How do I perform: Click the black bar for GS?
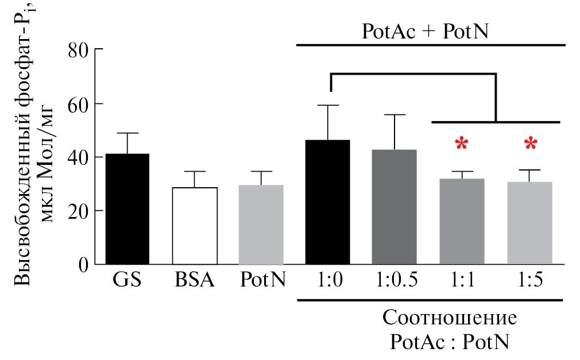click(127, 209)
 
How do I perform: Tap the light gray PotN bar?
click(261, 224)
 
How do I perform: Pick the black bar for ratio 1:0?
click(327, 202)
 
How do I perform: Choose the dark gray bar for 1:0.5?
click(395, 207)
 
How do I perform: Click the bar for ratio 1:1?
click(462, 222)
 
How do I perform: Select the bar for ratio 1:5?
click(529, 223)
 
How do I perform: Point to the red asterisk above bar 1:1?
click(462, 144)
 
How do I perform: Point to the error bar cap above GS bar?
click(127, 133)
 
